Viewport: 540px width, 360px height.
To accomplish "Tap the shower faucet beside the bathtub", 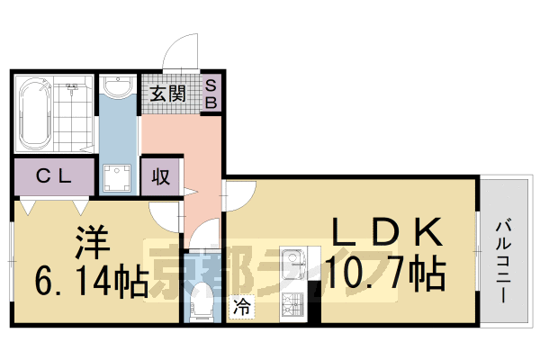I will click(x=69, y=91).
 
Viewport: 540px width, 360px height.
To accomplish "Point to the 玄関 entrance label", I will click(x=166, y=92).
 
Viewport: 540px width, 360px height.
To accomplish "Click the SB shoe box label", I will click(x=211, y=94).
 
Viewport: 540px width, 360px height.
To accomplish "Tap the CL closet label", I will click(x=53, y=177).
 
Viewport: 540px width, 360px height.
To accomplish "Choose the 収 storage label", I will click(x=161, y=176).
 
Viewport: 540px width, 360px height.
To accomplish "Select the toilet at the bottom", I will click(x=200, y=298).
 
